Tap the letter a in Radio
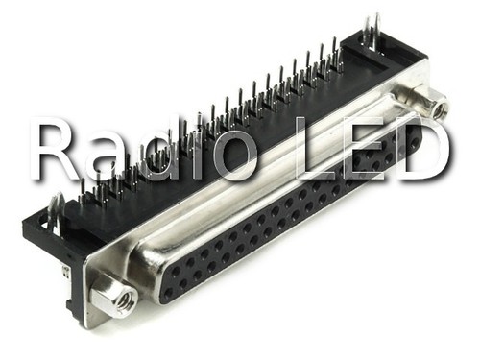[x=109, y=157]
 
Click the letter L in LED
[x=314, y=149]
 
